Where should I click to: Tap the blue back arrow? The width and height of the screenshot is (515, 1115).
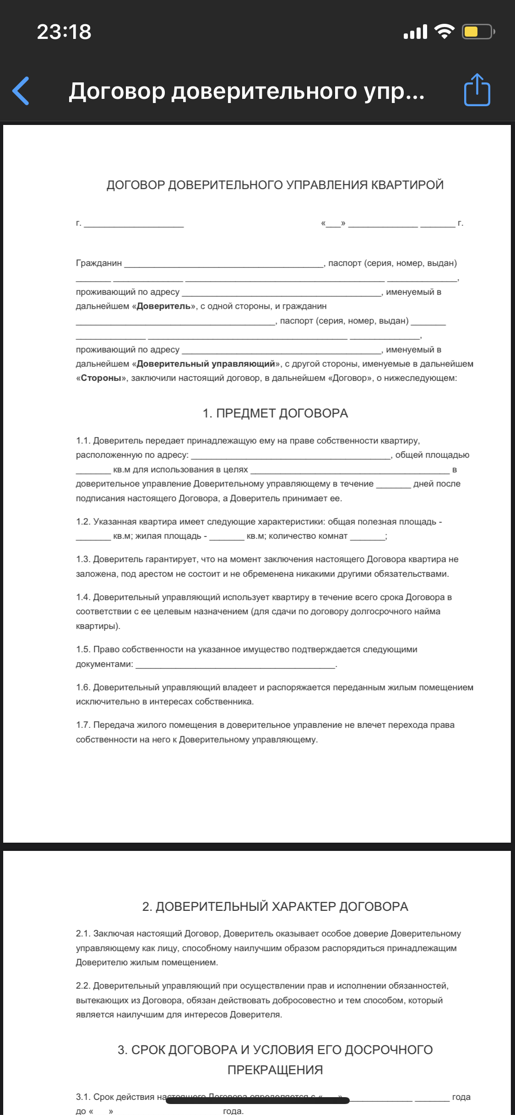21,91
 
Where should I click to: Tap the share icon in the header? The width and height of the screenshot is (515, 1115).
477,90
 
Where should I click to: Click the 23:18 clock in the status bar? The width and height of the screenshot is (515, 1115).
64,32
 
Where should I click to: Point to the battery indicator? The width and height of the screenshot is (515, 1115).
478,32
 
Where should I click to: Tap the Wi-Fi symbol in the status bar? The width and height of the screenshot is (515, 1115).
444,32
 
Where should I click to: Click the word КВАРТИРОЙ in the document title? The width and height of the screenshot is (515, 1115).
407,185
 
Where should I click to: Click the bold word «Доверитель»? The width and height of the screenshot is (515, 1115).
164,306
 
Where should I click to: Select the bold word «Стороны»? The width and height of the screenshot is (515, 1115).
101,378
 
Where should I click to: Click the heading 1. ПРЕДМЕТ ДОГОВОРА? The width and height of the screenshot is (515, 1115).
275,413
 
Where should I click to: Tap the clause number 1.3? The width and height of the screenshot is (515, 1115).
83,559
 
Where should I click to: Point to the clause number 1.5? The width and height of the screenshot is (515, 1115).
83,650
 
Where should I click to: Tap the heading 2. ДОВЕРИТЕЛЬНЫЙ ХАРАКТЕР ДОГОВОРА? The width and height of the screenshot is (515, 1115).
275,907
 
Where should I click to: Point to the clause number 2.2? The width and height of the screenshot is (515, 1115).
83,986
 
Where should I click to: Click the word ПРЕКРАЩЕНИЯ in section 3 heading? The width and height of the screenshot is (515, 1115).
275,1070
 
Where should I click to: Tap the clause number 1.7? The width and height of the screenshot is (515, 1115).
83,725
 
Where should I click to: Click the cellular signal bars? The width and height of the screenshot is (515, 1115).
415,32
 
